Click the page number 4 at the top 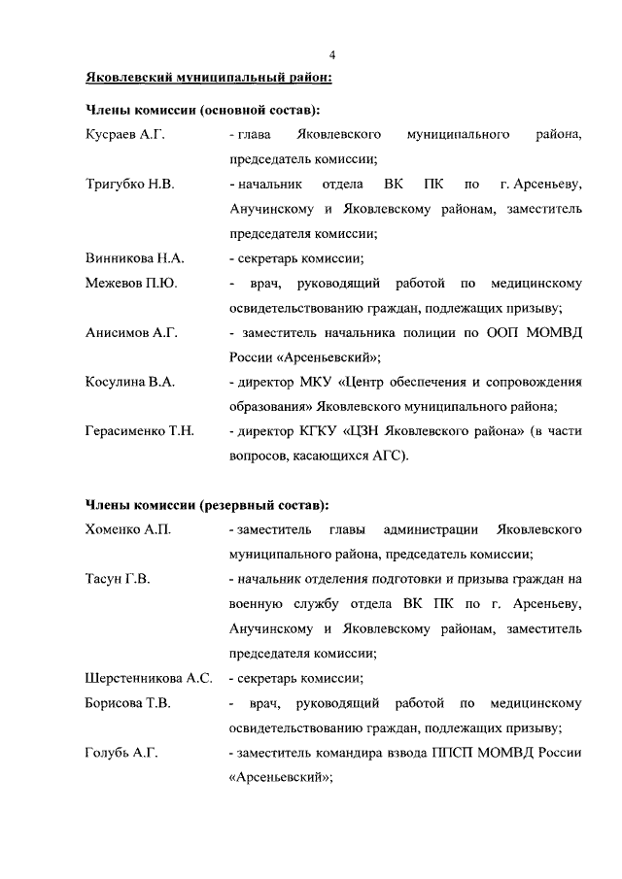pyautogui.click(x=331, y=55)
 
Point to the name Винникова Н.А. pyautogui.click(x=135, y=259)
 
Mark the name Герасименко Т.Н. pyautogui.click(x=140, y=431)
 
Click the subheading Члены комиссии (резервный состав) pyautogui.click(x=206, y=504)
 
